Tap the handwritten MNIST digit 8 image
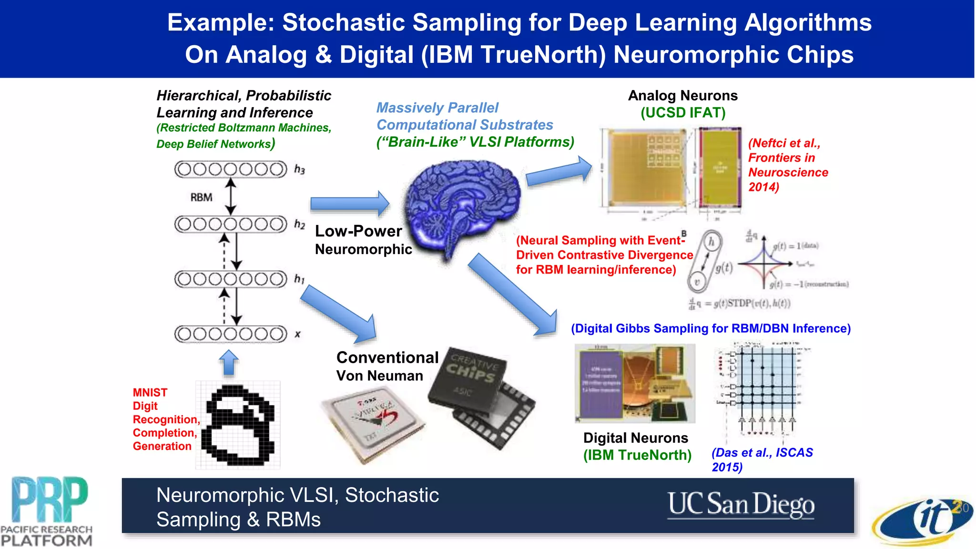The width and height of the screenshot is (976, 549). pyautogui.click(x=238, y=424)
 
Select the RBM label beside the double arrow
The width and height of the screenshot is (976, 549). pyautogui.click(x=201, y=197)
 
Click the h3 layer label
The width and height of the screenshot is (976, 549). pyautogui.click(x=299, y=169)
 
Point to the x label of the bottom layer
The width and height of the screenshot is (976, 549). pyautogui.click(x=297, y=334)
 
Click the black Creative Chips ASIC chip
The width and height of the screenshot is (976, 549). pyautogui.click(x=481, y=396)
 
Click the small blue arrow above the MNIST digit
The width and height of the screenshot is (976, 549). pyautogui.click(x=229, y=363)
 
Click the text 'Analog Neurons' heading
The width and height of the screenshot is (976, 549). pyautogui.click(x=682, y=96)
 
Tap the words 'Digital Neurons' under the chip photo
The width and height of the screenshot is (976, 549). pyautogui.click(x=635, y=438)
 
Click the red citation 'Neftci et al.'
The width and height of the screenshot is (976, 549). pyautogui.click(x=784, y=143)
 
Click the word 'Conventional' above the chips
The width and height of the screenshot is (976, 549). pyautogui.click(x=387, y=357)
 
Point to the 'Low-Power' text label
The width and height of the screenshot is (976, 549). pyautogui.click(x=358, y=231)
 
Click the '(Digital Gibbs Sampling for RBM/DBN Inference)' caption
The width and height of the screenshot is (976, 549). pyautogui.click(x=711, y=328)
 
